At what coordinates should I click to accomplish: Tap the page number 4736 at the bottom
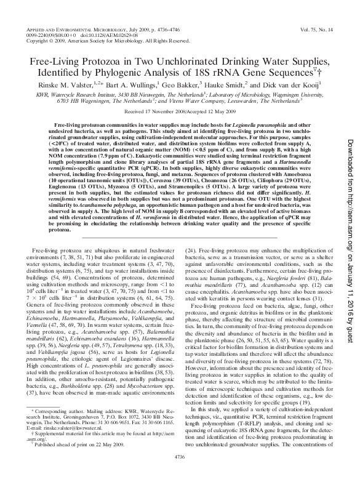180,473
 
